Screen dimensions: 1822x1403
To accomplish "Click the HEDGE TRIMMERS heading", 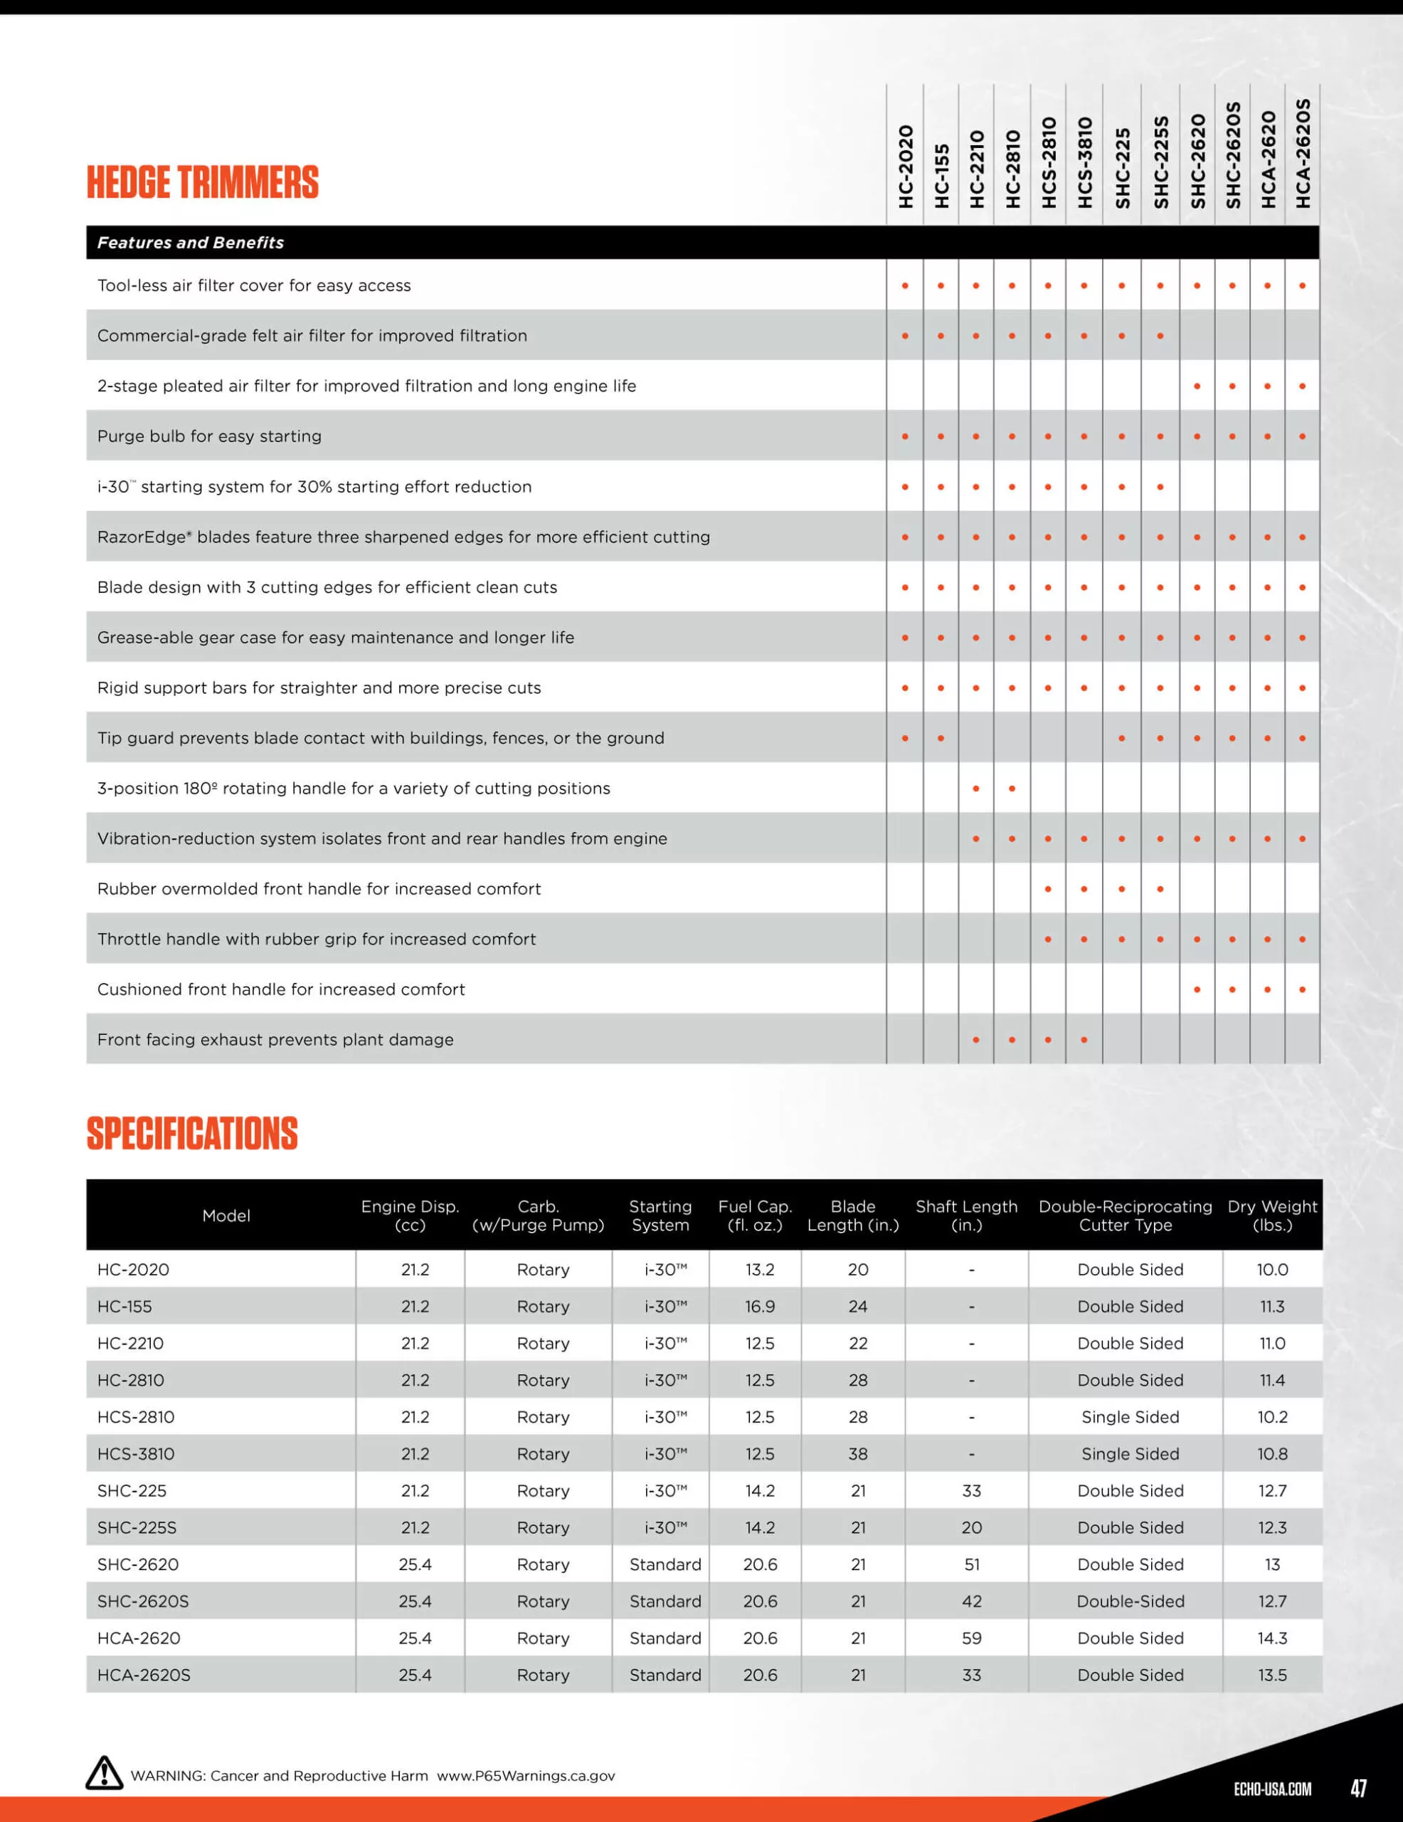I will (203, 183).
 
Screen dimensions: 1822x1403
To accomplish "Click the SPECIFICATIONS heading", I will (192, 1134).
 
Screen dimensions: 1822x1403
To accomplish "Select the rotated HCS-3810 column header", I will (1084, 163).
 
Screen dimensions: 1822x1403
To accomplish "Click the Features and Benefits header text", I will (190, 243).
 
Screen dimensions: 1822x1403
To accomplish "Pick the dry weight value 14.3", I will (1272, 1638).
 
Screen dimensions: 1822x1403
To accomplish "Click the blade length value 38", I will (857, 1453).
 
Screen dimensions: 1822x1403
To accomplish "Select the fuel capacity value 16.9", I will (759, 1307).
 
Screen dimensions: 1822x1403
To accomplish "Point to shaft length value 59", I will (971, 1638).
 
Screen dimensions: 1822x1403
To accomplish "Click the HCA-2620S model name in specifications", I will (144, 1675).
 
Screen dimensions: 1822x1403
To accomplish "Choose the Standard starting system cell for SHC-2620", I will (665, 1564).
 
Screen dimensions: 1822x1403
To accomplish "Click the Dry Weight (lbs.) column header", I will (1272, 1216).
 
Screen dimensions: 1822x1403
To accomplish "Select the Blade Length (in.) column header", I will (852, 1216).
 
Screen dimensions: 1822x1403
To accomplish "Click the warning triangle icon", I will (105, 1774).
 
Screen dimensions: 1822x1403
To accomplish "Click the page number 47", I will (1358, 1788).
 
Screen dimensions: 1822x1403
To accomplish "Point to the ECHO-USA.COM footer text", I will (1272, 1789).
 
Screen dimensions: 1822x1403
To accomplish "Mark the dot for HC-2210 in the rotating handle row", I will (976, 789).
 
